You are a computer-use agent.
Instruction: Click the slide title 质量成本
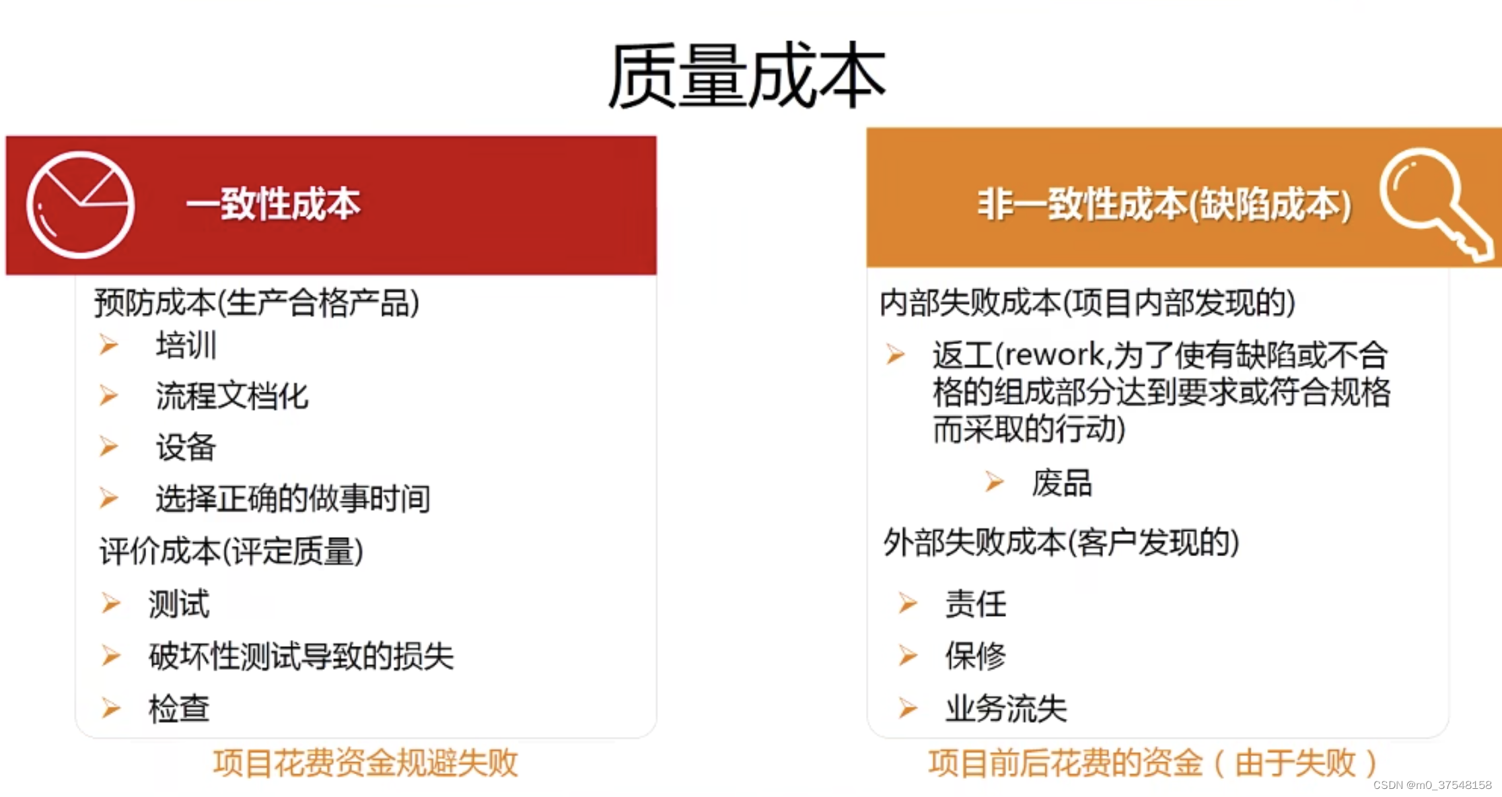point(747,75)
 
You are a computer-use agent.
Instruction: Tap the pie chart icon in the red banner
point(81,205)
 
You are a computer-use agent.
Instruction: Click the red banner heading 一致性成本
point(273,204)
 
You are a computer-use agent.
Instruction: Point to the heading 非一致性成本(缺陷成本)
point(1164,205)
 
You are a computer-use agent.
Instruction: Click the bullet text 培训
point(186,345)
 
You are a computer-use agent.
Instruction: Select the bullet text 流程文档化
point(232,396)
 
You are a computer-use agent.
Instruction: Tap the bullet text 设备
point(186,447)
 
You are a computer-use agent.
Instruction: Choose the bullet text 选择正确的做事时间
point(293,499)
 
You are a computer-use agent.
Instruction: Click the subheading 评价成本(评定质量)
point(231,551)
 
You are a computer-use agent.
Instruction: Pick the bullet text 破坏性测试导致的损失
point(301,656)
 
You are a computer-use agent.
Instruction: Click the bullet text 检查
point(179,709)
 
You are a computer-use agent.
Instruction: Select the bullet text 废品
point(1062,483)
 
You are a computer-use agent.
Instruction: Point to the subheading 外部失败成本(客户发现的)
point(1061,543)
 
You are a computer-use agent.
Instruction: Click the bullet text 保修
point(976,656)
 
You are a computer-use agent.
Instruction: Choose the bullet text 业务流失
point(1006,708)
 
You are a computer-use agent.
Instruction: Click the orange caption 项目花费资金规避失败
point(365,763)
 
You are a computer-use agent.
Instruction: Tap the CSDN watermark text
point(1432,785)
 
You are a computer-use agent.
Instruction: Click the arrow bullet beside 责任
point(908,603)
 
